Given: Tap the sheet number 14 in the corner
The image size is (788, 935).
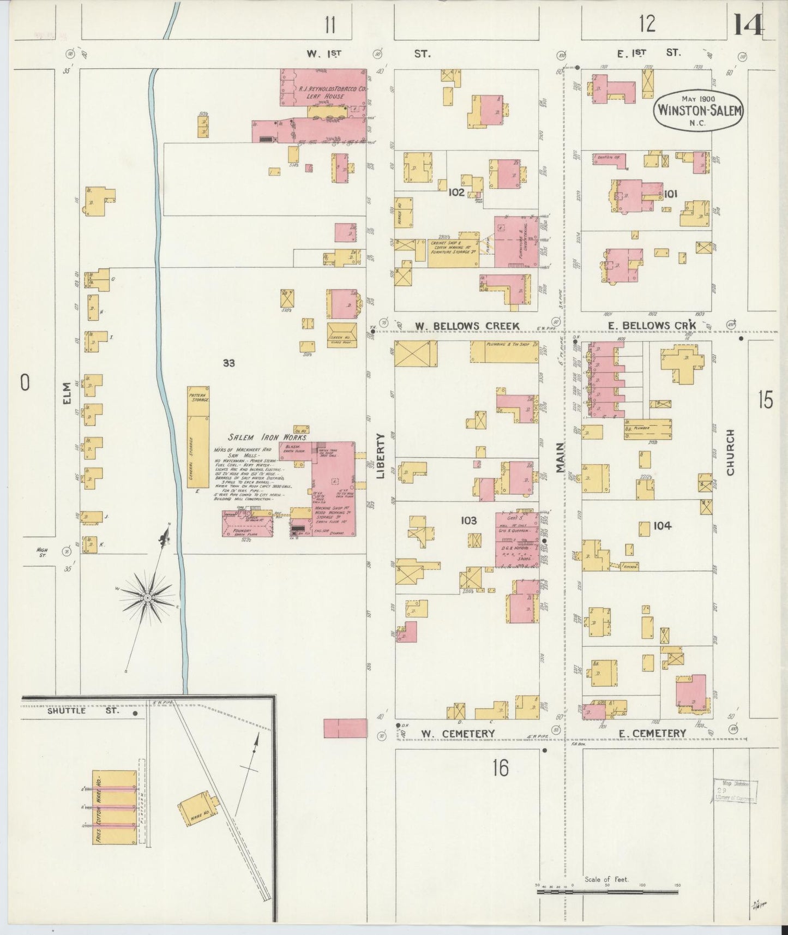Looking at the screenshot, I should coord(748,25).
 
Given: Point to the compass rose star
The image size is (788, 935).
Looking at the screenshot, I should coord(147,598).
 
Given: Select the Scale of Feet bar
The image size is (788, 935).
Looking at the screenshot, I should coord(607,892).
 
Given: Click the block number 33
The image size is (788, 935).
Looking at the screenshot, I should coord(228,363).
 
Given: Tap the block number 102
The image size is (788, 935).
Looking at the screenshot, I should coord(456,193).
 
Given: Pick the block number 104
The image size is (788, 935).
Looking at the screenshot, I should coord(662,526).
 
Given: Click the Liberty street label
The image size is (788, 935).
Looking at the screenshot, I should coord(381,456).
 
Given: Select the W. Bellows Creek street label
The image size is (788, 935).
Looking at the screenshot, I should coord(467,326).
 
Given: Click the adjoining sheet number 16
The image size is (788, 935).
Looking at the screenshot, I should coord(500,768).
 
